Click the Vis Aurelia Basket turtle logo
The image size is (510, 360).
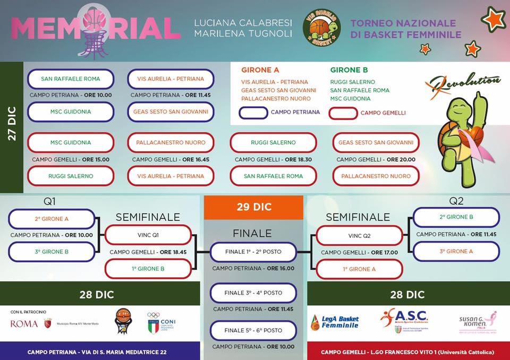322,27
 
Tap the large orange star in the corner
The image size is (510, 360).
494,19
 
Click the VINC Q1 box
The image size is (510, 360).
148,235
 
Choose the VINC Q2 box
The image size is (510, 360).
360,235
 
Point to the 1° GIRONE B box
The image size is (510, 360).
148,269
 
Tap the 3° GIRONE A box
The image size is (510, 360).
456,251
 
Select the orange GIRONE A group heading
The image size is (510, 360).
260,70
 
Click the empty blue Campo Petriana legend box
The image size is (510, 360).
253,113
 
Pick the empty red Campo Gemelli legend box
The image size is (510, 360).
343,113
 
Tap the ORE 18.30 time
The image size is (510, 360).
299,159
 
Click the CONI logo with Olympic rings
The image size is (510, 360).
161,323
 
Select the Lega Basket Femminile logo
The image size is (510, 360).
335,322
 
